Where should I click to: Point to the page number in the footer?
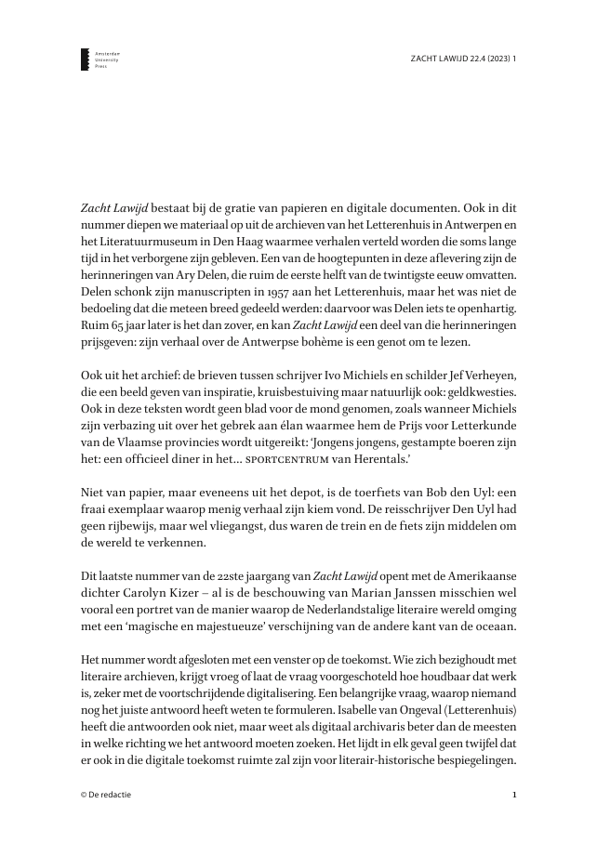point(514,795)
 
